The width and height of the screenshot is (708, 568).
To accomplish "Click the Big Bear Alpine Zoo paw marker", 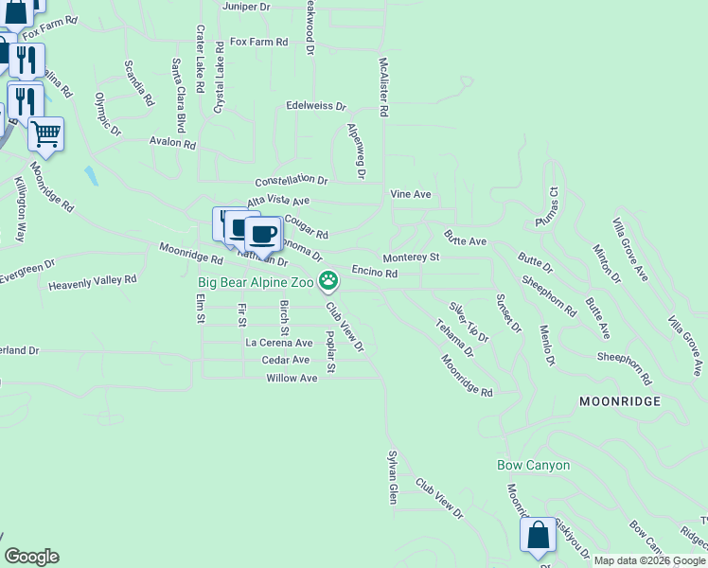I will click(328, 279).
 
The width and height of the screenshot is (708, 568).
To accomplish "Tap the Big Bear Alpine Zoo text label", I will click(256, 281).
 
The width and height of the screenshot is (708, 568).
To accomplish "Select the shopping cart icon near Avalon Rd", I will click(45, 133).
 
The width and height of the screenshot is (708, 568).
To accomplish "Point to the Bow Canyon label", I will click(534, 465).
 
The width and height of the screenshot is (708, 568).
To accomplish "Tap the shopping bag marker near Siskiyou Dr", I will click(538, 535).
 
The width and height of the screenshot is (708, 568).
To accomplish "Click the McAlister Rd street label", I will click(384, 85).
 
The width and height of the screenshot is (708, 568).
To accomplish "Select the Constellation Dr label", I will click(291, 180).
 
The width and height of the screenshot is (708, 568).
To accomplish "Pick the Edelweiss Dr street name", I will click(316, 106).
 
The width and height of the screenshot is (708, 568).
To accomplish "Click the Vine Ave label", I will click(411, 194).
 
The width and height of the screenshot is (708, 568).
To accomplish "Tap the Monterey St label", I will click(411, 257).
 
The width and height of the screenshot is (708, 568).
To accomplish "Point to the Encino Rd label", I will click(374, 272).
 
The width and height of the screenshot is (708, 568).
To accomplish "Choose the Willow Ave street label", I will click(292, 378).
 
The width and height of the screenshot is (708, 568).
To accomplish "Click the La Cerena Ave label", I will click(278, 343).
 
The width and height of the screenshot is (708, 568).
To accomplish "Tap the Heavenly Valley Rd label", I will click(93, 282).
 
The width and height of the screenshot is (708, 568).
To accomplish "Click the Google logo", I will click(31, 557).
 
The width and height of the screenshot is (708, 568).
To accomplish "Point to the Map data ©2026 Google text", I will click(648, 560).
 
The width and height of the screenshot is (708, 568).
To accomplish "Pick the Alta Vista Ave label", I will click(278, 202).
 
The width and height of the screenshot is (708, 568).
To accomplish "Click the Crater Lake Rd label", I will click(201, 59).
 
